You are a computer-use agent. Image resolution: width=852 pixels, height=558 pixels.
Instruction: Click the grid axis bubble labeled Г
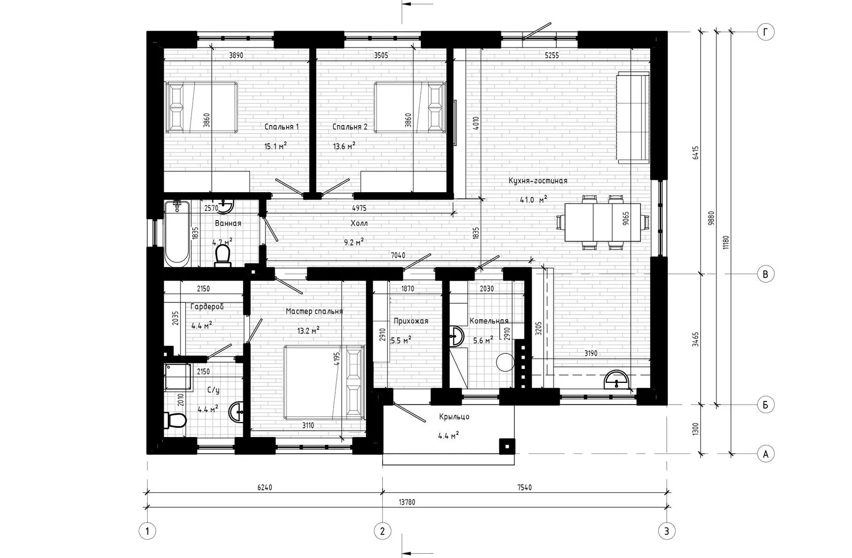click(x=766, y=33)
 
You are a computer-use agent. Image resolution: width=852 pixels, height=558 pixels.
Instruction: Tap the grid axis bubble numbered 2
click(x=382, y=531)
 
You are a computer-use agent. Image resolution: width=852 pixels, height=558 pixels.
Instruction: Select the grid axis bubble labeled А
click(x=766, y=454)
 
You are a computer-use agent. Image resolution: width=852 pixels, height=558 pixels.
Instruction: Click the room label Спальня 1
click(x=281, y=127)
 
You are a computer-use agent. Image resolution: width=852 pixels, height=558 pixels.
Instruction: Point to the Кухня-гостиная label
click(x=538, y=181)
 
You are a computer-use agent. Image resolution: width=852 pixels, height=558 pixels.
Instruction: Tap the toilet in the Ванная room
click(x=223, y=255)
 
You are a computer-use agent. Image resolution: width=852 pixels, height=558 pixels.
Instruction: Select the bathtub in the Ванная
click(x=177, y=234)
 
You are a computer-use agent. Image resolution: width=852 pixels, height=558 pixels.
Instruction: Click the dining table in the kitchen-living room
click(x=603, y=222)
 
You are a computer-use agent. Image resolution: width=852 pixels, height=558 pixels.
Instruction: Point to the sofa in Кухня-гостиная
click(x=633, y=118)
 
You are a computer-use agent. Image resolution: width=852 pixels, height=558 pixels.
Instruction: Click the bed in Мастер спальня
click(x=324, y=382)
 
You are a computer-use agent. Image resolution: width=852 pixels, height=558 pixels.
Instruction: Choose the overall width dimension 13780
click(x=406, y=502)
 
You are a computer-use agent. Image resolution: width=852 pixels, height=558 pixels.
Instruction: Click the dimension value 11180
click(x=726, y=242)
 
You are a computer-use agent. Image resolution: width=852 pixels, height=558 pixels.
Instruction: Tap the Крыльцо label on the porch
click(x=454, y=417)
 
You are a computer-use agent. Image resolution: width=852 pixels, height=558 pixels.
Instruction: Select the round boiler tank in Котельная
click(x=505, y=362)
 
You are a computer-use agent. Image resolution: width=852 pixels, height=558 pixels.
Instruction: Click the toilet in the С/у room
click(x=175, y=421)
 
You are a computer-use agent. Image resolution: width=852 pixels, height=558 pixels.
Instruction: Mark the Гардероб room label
click(x=207, y=306)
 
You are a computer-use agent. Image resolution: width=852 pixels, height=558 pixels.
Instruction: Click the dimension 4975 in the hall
click(x=359, y=208)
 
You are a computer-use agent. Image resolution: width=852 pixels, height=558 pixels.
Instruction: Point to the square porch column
click(x=507, y=446)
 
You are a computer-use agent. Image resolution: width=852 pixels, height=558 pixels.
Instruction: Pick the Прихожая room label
click(x=411, y=321)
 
